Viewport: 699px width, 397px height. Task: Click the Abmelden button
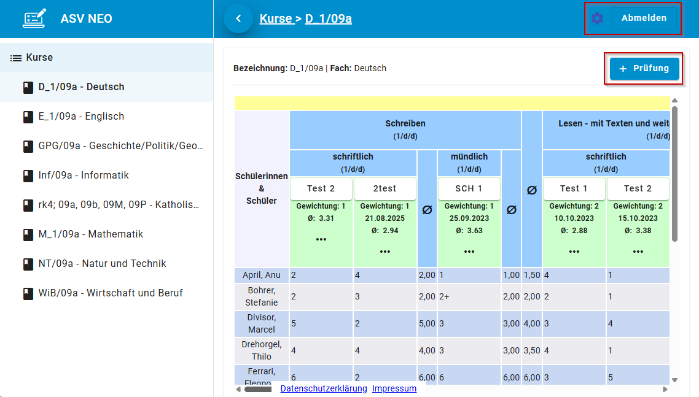(644, 18)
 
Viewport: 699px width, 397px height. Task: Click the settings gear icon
(597, 18)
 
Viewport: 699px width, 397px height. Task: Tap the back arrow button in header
(238, 18)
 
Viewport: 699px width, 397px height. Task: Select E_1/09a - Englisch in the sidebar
(81, 117)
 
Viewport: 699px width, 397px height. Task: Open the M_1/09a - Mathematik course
(90, 234)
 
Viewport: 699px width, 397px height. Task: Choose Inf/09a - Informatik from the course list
(84, 175)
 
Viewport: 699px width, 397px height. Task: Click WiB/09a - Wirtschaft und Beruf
(111, 293)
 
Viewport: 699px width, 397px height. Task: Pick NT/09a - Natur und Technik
(102, 264)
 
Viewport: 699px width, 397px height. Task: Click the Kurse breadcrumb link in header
(276, 18)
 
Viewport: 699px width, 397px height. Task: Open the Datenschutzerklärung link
(324, 388)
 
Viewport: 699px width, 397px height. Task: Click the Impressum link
(394, 388)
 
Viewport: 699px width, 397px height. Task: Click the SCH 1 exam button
(469, 188)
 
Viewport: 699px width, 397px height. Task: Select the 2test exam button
(385, 188)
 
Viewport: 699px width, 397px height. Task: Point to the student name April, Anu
(261, 276)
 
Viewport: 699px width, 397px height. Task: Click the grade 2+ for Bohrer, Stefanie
(445, 297)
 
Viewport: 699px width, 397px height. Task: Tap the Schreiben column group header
(405, 123)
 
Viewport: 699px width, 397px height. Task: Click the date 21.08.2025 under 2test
(385, 218)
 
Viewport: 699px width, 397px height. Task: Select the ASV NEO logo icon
(34, 18)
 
